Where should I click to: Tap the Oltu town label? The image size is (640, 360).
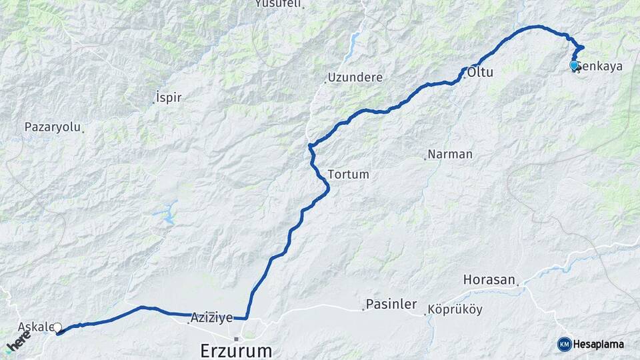coord(480,72)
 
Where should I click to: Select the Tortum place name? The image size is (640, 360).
coord(349,174)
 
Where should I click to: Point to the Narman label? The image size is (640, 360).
coord(450,154)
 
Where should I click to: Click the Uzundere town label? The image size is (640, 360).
coord(355,77)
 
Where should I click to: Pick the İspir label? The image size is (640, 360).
coord(169,98)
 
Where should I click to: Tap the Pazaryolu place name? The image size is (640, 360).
coord(52,126)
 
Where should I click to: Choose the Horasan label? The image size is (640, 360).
coord(489,279)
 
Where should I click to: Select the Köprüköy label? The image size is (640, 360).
coord(455,309)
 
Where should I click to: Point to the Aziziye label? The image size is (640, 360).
coord(211,318)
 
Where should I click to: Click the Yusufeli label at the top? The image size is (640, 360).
coord(279,4)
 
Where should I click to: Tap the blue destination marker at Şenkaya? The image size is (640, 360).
coord(574,65)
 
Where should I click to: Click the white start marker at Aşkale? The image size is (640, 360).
coord(57,327)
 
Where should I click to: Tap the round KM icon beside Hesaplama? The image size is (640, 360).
coord(564,344)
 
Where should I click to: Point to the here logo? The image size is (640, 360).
coord(18,341)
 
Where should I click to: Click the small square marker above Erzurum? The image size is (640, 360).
coord(236,339)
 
